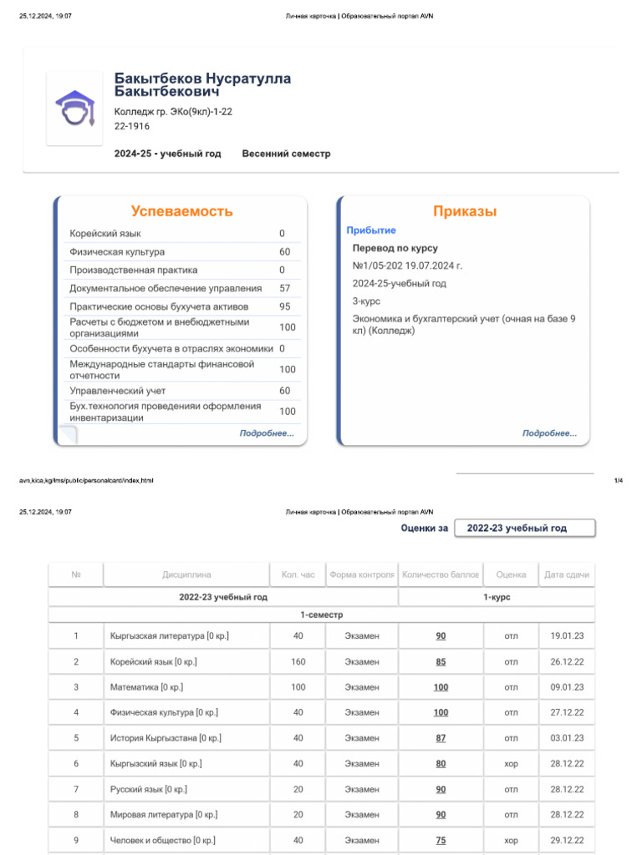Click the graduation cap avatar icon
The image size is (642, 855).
74,109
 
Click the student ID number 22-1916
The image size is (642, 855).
132,126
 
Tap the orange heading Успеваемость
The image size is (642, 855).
181,211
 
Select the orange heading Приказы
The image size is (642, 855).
465,211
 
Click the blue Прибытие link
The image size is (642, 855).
371,230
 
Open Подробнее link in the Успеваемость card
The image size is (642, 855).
267,433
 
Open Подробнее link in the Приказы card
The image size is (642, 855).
549,433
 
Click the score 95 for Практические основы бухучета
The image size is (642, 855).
285,306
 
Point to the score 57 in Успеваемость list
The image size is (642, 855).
285,288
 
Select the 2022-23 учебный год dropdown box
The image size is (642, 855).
525,529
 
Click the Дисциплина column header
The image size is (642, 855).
186,574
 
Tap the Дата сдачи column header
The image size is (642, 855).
567,574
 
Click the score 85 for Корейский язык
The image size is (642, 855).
441,662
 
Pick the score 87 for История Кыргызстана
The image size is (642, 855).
441,738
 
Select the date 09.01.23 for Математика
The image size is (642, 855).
567,687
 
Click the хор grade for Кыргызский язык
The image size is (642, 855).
511,763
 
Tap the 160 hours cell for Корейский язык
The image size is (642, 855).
298,662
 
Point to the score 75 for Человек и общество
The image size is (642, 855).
441,840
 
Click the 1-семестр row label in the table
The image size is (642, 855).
322,615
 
